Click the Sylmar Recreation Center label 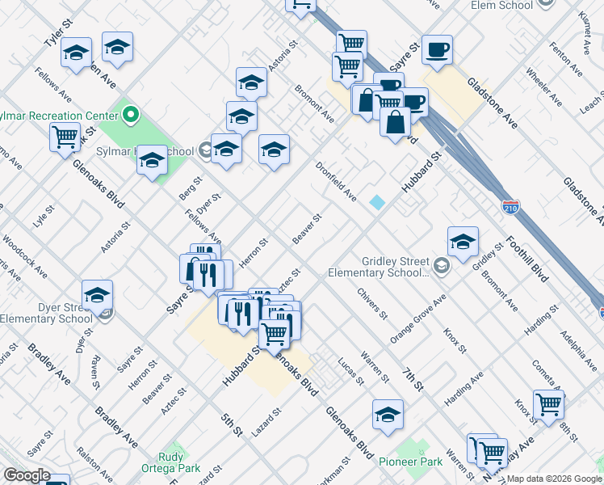tap(61, 116)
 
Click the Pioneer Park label tap(411, 462)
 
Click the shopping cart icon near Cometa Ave tap(549, 403)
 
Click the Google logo tap(27, 475)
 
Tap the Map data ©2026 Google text tap(554, 479)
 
